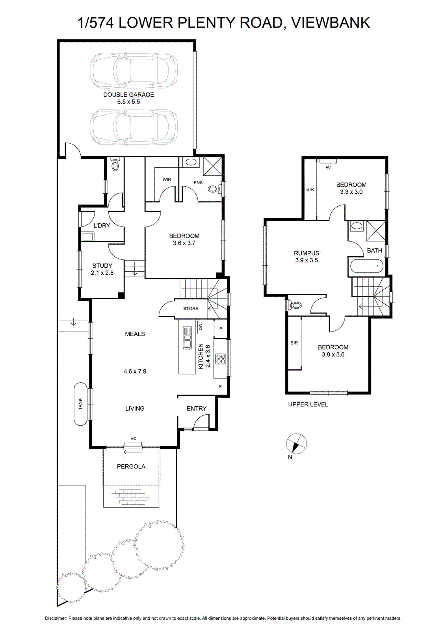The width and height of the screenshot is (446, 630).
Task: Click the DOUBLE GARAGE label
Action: tap(128, 95)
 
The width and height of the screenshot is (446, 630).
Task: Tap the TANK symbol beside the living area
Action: tap(80, 404)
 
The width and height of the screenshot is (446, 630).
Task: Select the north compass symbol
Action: tap(296, 444)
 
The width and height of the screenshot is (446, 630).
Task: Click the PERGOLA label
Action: tap(131, 467)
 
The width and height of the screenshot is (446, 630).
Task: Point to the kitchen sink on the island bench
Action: tap(187, 337)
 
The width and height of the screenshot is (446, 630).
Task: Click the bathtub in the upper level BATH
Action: tap(366, 266)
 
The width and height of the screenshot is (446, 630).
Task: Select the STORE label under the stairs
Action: tap(191, 309)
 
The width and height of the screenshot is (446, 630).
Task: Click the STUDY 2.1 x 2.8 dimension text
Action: tap(102, 272)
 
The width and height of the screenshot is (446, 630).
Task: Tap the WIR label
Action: tap(167, 180)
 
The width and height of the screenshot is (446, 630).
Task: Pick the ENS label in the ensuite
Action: tap(198, 183)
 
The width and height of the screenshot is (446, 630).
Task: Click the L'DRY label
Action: tap(102, 226)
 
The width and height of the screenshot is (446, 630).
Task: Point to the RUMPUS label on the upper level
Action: tap(307, 253)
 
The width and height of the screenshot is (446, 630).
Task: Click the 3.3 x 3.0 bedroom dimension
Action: tap(351, 192)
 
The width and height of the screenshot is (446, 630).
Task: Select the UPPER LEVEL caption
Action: tap(308, 404)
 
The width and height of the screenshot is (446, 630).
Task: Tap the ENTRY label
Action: tap(197, 408)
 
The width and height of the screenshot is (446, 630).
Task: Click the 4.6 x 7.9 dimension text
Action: tap(135, 371)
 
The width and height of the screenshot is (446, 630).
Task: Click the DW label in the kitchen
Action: tap(201, 326)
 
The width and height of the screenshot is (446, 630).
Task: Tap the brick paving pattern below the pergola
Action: tap(131, 498)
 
